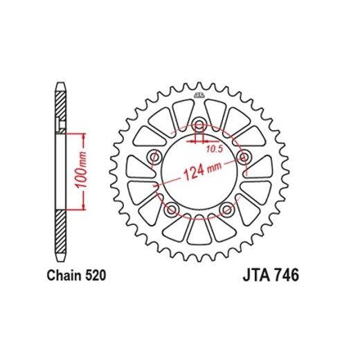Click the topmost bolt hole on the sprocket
point(199,126)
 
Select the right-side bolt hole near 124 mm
point(243,158)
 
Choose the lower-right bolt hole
point(226,209)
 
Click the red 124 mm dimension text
point(200,171)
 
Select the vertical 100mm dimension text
point(81,167)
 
